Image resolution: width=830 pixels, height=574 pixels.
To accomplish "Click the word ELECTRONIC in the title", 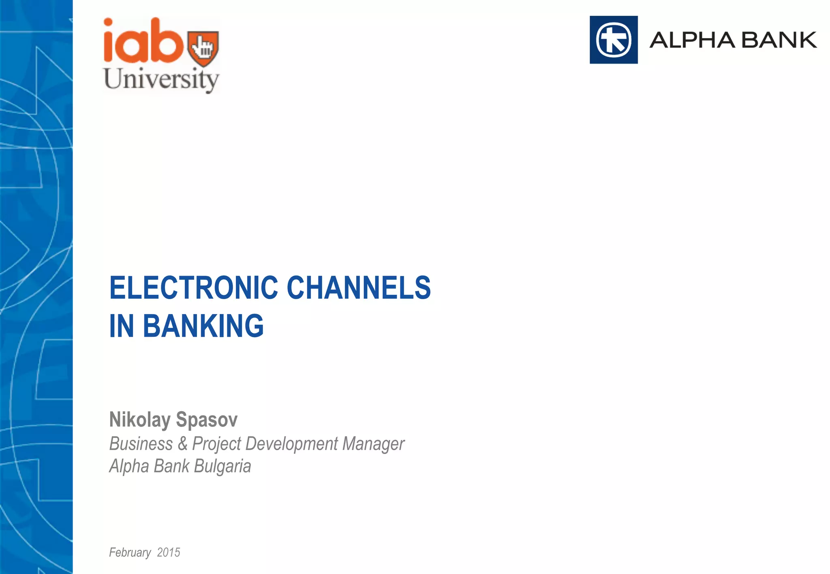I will click(194, 288).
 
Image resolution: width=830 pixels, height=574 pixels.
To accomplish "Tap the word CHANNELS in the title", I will click(359, 288).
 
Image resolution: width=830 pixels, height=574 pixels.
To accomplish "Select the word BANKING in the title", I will click(203, 326).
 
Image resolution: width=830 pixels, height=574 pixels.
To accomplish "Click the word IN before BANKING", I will click(122, 326).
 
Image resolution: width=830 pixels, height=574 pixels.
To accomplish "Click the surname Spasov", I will click(207, 420).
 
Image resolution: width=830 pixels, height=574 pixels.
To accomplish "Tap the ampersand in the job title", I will click(182, 444).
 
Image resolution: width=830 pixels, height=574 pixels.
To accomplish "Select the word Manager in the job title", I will click(373, 444).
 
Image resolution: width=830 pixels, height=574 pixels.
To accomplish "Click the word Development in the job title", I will click(291, 444).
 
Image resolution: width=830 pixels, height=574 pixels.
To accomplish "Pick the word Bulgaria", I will click(222, 466).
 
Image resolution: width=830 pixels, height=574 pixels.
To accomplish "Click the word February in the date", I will click(130, 553).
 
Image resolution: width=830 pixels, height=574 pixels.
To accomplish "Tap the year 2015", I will click(169, 553).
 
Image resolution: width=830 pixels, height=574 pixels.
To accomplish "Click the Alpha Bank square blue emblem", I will click(614, 40).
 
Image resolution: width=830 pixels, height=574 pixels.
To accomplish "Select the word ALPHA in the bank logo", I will click(692, 40).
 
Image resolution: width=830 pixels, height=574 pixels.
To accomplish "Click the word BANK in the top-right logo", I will click(780, 40).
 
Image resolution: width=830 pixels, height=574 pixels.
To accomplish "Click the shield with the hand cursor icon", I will click(203, 48).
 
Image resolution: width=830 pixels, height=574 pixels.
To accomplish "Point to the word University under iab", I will click(161, 79).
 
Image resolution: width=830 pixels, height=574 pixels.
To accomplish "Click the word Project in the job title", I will click(217, 444).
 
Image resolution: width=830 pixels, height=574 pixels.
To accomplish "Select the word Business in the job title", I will click(141, 444).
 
